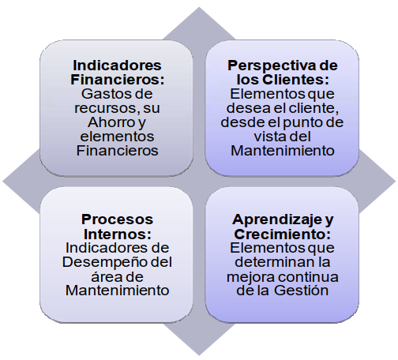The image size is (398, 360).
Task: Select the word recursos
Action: point(106,108)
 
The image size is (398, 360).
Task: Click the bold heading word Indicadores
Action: point(117,66)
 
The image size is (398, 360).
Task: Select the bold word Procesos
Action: point(117,219)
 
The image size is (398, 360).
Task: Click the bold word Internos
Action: point(118,234)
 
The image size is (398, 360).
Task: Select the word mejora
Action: point(251,277)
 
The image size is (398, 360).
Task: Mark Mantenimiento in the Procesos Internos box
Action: point(117,291)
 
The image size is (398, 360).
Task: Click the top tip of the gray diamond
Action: point(199,7)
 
